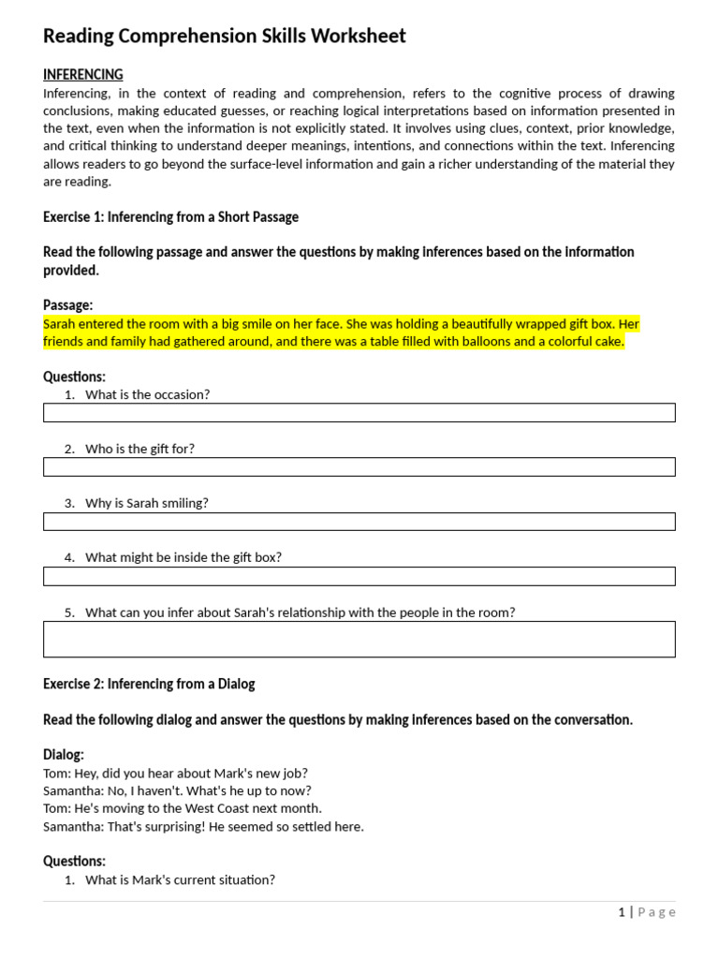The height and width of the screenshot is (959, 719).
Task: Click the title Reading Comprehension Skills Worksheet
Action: (x=225, y=37)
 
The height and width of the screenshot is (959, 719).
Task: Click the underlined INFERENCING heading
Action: (x=82, y=75)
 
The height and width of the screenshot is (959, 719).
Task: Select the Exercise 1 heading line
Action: (x=170, y=217)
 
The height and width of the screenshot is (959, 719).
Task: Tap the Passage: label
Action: (x=67, y=305)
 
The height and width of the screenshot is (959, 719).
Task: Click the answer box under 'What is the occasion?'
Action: (x=359, y=413)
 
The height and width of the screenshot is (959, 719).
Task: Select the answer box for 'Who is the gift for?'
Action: (x=359, y=467)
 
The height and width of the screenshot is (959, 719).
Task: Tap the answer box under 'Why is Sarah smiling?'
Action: (x=359, y=522)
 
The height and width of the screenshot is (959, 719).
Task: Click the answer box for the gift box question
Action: (x=359, y=576)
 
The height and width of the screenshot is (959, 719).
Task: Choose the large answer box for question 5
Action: (x=359, y=639)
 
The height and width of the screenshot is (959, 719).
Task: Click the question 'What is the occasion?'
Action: (x=147, y=394)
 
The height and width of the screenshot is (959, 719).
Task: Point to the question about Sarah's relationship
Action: (x=300, y=612)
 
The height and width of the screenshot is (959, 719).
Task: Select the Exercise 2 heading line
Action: (x=149, y=684)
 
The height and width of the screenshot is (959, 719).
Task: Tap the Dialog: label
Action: (x=64, y=755)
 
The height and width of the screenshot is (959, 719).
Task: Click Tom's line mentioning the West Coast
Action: (x=183, y=808)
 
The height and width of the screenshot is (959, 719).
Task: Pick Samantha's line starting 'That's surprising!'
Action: (x=203, y=826)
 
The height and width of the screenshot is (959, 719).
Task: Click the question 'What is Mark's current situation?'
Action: (x=180, y=879)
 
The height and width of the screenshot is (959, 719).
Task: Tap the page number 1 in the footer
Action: (x=622, y=912)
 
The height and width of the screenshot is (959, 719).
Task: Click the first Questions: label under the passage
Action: (x=74, y=376)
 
